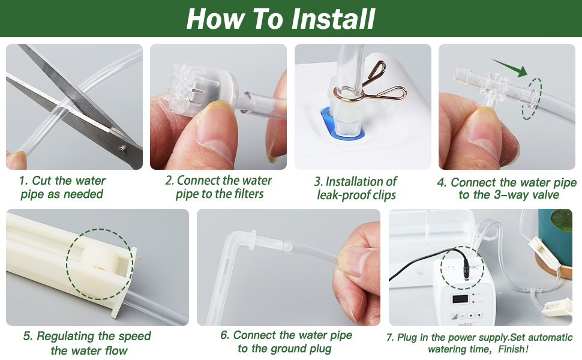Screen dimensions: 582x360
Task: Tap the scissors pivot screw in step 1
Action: coord(122,149)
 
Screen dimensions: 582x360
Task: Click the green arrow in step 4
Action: coord(509,68)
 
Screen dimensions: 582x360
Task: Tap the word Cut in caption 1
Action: coord(41,181)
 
